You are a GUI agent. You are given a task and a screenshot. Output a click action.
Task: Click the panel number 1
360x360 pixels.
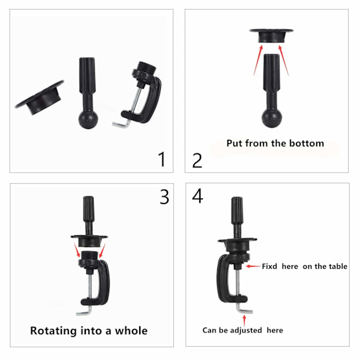pos(162,159)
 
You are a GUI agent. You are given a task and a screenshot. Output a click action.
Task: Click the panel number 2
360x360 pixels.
pos(197,161)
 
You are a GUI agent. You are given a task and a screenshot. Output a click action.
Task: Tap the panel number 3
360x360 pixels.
pos(164,197)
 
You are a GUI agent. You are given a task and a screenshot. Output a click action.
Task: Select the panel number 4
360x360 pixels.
pos(197,196)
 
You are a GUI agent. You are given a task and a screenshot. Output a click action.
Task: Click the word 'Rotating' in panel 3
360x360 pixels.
pos(53,331)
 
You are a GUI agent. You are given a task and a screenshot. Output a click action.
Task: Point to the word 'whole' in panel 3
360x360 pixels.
pos(131,331)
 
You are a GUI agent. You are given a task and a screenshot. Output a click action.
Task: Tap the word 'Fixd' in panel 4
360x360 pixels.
pos(269,266)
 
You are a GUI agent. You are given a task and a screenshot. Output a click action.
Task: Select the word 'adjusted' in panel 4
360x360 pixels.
pos(246,330)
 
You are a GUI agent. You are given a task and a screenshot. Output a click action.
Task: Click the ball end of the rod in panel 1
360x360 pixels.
pos(88,119)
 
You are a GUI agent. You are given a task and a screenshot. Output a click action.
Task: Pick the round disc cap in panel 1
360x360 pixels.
pos(39,98)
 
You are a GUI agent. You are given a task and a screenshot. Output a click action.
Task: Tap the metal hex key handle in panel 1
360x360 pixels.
pos(121,125)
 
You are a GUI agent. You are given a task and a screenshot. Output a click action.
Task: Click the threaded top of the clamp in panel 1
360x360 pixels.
pos(147,67)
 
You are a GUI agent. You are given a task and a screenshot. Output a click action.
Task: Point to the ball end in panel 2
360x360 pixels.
pos(272,118)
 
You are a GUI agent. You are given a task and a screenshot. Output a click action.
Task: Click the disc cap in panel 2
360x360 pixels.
pos(271,35)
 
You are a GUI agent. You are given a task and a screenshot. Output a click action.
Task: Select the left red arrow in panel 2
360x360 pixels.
pos(258,60)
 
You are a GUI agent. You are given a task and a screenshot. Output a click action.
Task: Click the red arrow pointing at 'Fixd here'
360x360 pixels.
pos(254,266)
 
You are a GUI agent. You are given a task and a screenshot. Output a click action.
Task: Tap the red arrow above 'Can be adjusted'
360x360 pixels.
pos(244,320)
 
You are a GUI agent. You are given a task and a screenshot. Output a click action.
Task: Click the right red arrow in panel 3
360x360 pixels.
pos(102,251)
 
